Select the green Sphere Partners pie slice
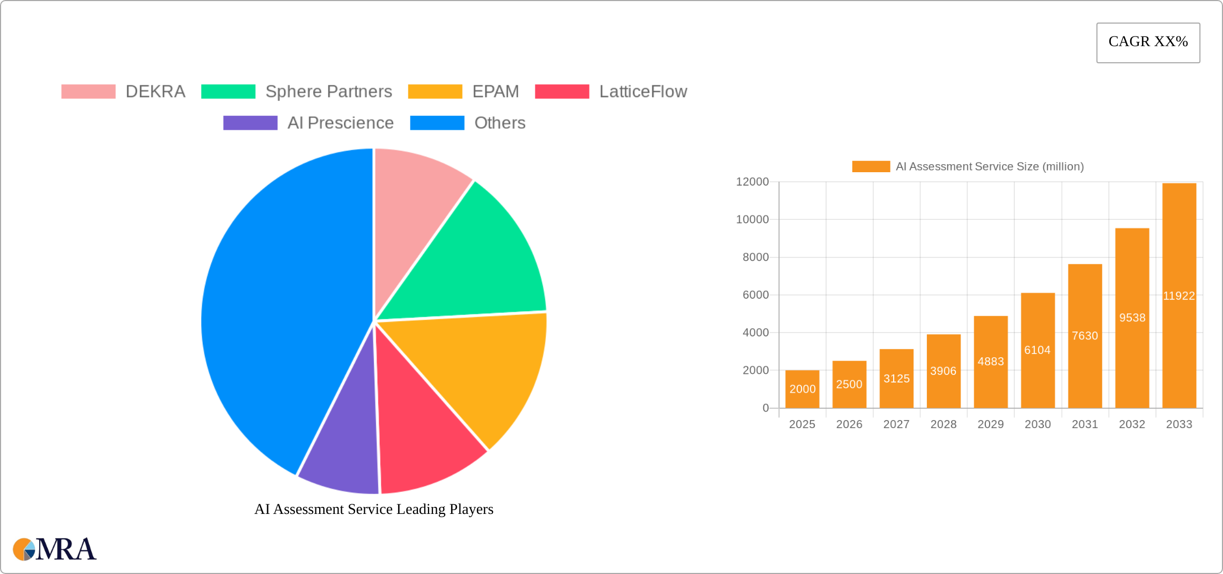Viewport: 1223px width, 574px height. pyautogui.click(x=472, y=263)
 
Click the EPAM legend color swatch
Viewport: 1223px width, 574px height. pyautogui.click(x=435, y=92)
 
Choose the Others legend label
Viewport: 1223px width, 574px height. pyautogui.click(x=499, y=123)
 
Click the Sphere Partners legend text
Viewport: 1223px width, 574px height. pyautogui.click(x=328, y=92)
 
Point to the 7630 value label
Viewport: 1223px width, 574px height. pyautogui.click(x=1085, y=336)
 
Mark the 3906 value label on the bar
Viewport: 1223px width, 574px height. pyautogui.click(x=943, y=371)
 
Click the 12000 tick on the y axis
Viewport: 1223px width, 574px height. pyautogui.click(x=752, y=182)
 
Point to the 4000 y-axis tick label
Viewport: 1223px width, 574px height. pyautogui.click(x=755, y=333)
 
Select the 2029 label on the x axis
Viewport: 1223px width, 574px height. pyautogui.click(x=990, y=424)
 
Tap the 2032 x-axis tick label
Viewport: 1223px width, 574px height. pyautogui.click(x=1132, y=424)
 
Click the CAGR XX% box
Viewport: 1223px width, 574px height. pyautogui.click(x=1148, y=42)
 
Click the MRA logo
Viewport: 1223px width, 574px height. pyautogui.click(x=55, y=549)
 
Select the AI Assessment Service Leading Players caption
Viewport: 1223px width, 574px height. pyautogui.click(x=374, y=509)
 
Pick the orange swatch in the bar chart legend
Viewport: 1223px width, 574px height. pyautogui.click(x=871, y=167)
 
